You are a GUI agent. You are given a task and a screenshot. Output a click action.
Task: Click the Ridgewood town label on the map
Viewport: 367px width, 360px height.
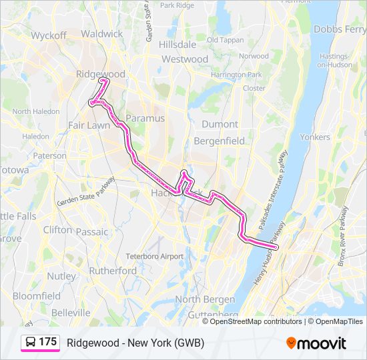[x=101, y=73]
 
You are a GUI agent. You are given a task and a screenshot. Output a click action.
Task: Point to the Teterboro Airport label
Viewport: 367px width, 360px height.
[x=154, y=257]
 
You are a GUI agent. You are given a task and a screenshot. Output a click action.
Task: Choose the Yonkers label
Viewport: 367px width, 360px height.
[x=315, y=137]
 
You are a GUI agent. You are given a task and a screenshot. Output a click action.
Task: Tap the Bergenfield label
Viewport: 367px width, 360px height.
[x=219, y=141]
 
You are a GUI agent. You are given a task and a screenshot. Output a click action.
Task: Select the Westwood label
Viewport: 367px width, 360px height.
[x=185, y=59]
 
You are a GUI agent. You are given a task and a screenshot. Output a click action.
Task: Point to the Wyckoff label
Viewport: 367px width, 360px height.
[x=49, y=35]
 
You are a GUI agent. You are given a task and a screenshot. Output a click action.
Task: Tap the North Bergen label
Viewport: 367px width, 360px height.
[x=205, y=299]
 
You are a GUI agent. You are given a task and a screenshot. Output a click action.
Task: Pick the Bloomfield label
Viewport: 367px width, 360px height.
[x=37, y=295]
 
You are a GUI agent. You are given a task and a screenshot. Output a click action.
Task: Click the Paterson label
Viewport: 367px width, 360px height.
[x=50, y=155]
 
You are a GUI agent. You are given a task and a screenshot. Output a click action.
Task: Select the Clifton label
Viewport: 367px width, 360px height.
[x=57, y=229]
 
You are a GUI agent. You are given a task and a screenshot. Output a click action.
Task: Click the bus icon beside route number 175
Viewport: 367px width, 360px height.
[x=31, y=343]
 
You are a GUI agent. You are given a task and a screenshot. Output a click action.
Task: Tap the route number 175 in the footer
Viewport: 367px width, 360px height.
[x=48, y=342]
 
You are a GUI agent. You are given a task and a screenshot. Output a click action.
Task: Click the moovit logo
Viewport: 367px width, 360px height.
[x=316, y=343]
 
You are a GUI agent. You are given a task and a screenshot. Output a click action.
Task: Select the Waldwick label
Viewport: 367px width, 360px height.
[x=101, y=33]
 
